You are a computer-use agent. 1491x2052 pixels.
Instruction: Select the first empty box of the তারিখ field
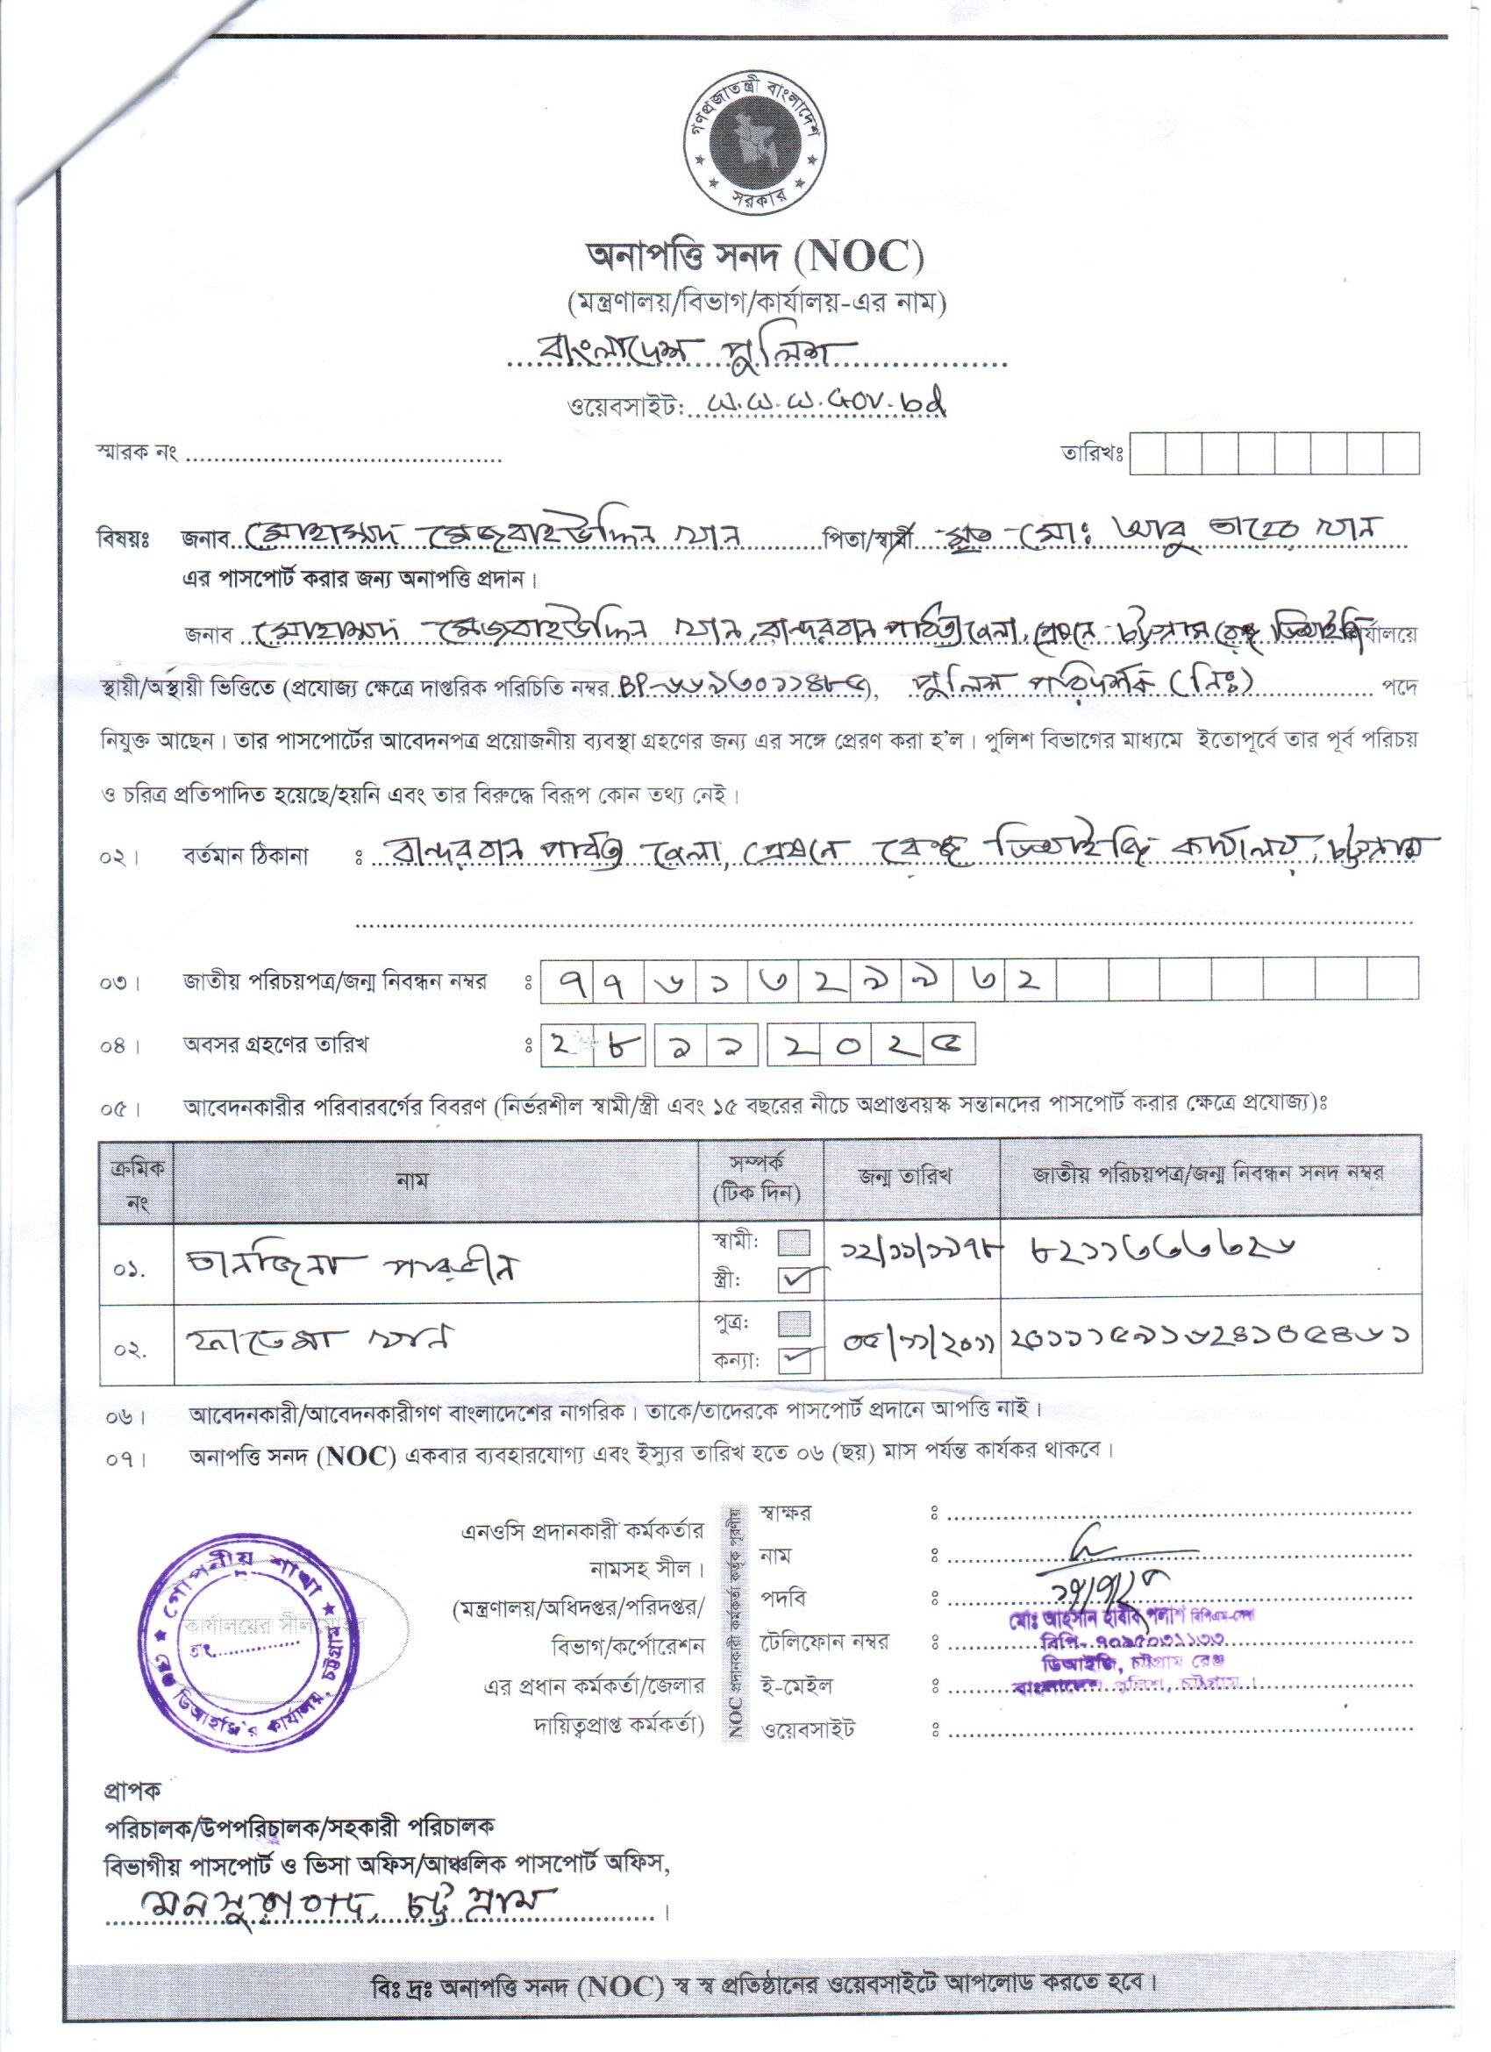[1148, 453]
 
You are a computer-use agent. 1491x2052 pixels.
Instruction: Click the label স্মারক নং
[139, 453]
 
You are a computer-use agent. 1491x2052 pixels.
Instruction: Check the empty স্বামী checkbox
[794, 1244]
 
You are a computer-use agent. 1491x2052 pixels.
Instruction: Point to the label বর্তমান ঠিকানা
[246, 857]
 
